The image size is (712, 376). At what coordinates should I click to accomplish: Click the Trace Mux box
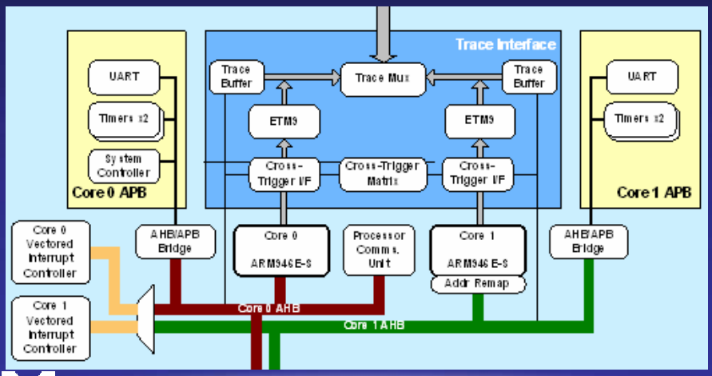click(382, 78)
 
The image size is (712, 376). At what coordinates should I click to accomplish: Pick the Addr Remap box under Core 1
click(478, 283)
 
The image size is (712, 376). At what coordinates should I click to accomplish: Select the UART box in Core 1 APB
click(642, 78)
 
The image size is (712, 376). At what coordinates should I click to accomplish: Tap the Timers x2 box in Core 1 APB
click(642, 118)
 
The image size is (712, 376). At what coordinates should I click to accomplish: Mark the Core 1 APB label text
click(653, 193)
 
